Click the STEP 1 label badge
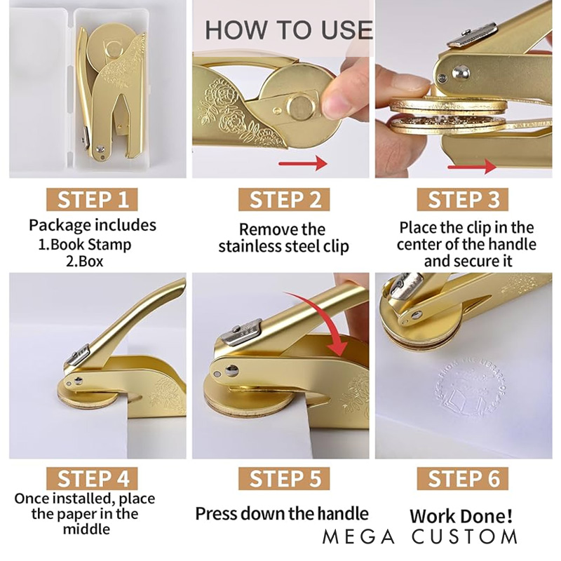click(x=92, y=199)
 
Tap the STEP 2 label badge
click(x=284, y=199)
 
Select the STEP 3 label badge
click(x=463, y=199)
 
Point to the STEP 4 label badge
click(x=92, y=478)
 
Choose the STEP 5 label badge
click(x=284, y=478)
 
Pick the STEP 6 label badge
click(x=463, y=478)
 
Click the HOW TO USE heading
click(x=289, y=29)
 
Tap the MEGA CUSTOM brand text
click(x=420, y=536)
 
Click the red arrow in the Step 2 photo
click(x=303, y=164)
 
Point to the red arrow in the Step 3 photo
click(x=472, y=166)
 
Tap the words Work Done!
click(x=461, y=516)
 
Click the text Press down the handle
click(x=282, y=514)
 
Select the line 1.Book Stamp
click(x=85, y=245)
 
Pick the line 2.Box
click(x=84, y=261)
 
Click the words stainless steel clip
click(x=284, y=247)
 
